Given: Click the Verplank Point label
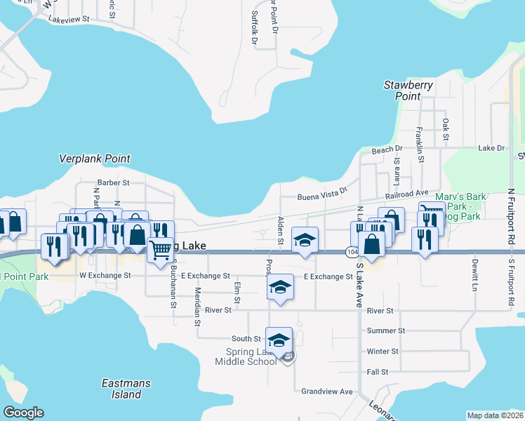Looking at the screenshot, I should (x=95, y=159).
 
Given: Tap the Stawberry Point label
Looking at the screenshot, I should (x=408, y=91).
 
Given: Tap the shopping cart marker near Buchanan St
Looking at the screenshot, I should (x=161, y=248).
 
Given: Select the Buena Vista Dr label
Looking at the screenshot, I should (x=322, y=194).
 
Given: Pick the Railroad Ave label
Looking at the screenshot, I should (x=406, y=192).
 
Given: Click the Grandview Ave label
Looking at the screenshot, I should (x=327, y=391).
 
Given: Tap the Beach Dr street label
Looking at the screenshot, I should (x=387, y=149).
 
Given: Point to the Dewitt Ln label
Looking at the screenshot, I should (x=474, y=275).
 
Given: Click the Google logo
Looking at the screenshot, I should (x=23, y=413).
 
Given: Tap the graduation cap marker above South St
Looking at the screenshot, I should (x=279, y=339).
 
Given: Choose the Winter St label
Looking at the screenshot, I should (x=383, y=351).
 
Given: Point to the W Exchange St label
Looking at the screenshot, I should (x=105, y=276).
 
